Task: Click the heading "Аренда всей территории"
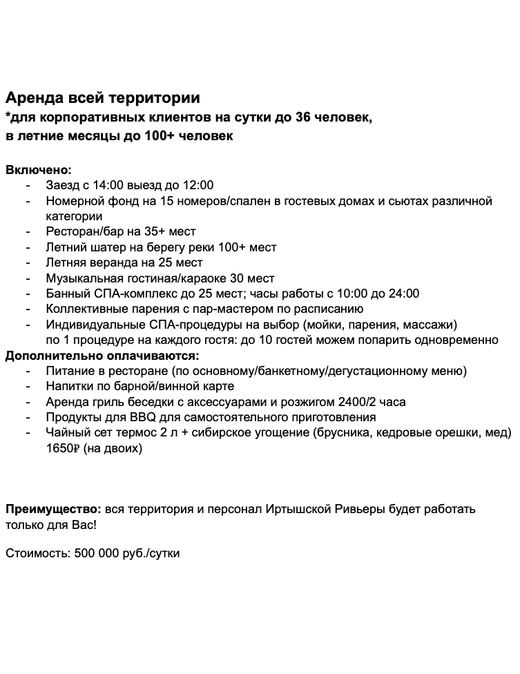pos(103,97)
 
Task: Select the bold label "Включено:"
pos(39,169)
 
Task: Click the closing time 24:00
pos(404,293)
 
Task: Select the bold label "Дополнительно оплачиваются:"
pos(103,356)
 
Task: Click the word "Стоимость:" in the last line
pos(34,554)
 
